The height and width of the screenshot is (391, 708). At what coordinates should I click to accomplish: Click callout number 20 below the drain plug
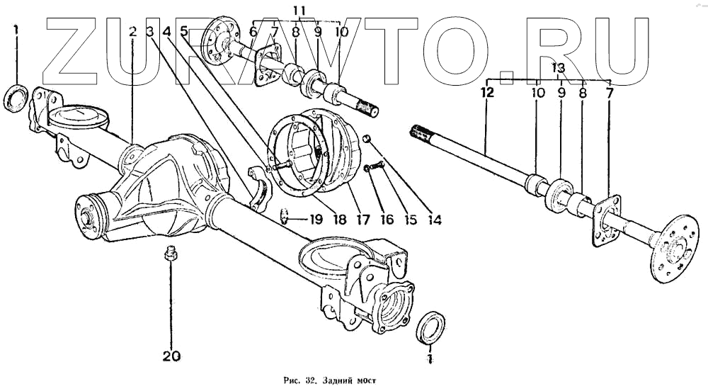point(171,356)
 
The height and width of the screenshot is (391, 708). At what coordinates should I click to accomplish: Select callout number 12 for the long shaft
point(486,92)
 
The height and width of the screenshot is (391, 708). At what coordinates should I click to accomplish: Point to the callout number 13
point(559,68)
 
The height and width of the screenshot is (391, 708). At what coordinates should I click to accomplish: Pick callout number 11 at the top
point(299,11)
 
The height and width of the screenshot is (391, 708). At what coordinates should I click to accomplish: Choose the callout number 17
point(365,220)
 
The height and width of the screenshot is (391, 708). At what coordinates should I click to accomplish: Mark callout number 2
point(132,31)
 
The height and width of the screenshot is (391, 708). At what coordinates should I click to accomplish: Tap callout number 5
point(184,31)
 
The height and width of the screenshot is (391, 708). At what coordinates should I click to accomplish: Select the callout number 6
point(253,32)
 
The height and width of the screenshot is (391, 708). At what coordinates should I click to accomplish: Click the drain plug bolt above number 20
point(170,253)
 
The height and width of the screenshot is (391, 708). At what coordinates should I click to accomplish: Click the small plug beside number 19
point(284,215)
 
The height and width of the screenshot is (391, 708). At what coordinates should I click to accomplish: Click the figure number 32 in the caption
point(290,380)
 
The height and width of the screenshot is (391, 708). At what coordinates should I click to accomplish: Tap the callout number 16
point(387,220)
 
